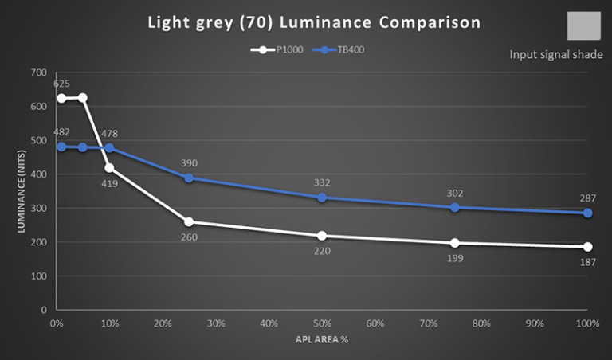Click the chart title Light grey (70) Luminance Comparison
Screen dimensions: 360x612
click(314, 22)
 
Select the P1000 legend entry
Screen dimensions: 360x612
click(276, 49)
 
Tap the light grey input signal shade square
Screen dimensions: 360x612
click(583, 26)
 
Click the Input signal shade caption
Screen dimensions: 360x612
click(556, 55)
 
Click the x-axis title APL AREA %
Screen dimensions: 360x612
click(321, 339)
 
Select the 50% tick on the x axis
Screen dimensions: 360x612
click(322, 324)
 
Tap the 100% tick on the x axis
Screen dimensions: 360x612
click(587, 324)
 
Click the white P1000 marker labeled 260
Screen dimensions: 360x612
click(189, 221)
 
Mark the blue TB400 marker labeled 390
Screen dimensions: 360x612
click(189, 178)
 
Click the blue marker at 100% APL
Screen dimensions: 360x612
click(587, 213)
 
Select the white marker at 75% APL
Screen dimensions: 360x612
click(455, 243)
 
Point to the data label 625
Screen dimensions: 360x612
click(61, 84)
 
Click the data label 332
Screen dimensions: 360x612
click(322, 182)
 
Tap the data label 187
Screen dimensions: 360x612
click(587, 261)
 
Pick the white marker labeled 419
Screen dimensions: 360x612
click(109, 168)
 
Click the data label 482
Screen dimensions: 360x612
click(61, 132)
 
